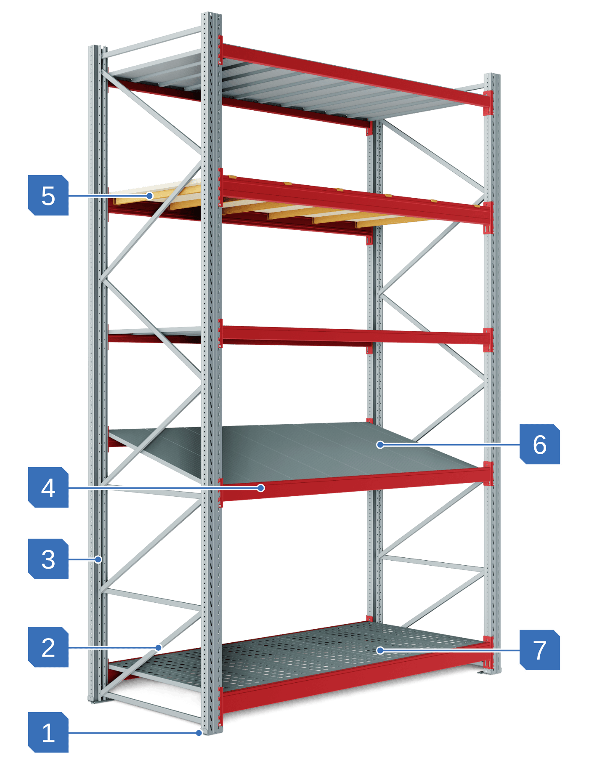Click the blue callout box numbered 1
(48, 732)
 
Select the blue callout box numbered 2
(48, 647)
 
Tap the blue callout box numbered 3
(48, 559)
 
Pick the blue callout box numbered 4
(48, 487)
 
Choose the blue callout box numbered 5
(48, 195)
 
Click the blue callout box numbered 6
(540, 444)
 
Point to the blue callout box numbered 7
(540, 650)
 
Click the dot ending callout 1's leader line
(199, 733)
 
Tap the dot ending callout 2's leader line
(159, 647)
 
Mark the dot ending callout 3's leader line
(98, 559)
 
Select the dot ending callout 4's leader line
(261, 488)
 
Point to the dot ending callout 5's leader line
(149, 196)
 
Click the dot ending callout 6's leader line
(380, 444)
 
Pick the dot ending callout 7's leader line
(380, 650)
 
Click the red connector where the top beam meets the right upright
(488, 102)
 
